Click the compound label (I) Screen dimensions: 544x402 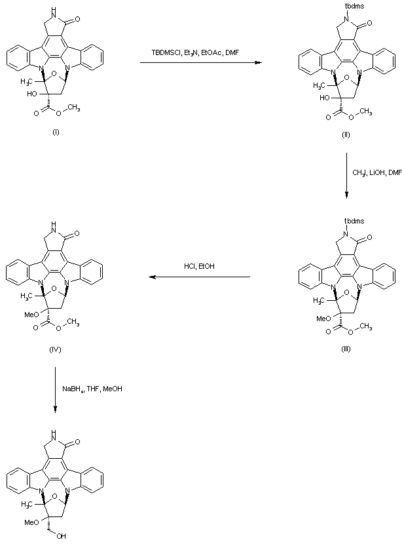(56, 133)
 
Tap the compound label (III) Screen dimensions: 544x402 (345, 349)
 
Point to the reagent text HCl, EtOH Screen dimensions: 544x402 (199, 266)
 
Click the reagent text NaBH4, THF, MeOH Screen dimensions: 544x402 (92, 389)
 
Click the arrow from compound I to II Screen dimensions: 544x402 (200, 62)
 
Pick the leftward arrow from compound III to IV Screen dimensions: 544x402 (199, 277)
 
